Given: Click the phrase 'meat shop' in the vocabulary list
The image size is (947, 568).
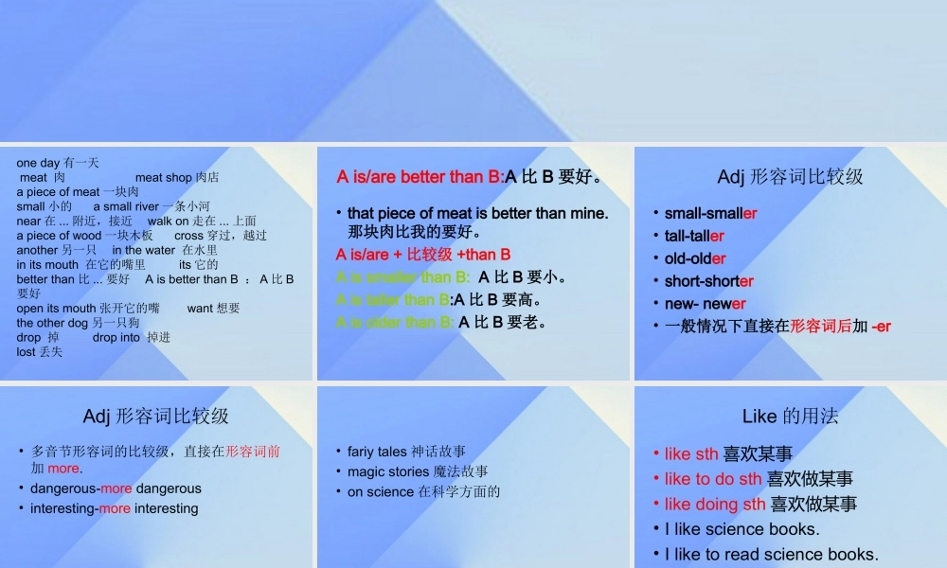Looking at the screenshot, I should coord(163,177).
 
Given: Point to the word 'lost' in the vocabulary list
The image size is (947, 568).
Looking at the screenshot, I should coord(26,352).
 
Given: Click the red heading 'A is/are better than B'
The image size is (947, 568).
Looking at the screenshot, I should coord(420,177).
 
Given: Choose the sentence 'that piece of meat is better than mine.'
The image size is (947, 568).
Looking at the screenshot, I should coord(477,214).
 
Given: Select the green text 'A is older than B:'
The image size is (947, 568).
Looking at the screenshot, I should coord(395,322).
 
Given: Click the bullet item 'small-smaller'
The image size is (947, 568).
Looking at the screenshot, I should coord(710,214).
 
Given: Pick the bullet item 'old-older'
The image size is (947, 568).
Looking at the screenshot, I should coord(695,258).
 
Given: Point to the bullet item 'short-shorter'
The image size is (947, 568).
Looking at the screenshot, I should coord(708,281).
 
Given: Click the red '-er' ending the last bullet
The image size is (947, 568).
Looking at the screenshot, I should coord(881,327).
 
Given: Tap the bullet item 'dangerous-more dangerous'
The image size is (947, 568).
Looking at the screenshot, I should coord(116,488).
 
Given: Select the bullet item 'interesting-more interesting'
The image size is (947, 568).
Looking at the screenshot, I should coord(114,508).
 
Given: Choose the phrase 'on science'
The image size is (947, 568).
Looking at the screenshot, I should coord(381,491).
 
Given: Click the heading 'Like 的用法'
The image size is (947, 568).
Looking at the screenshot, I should coord(790,417).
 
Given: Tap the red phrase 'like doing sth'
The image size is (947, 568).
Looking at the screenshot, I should coord(715,505).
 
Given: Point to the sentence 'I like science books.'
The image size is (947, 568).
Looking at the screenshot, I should coord(742,529).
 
